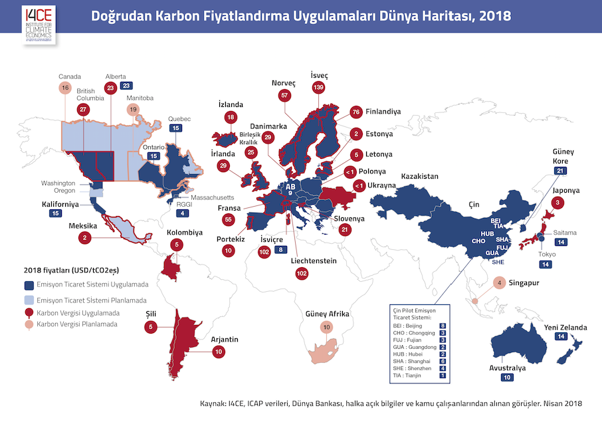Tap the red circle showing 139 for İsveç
pyautogui.click(x=320, y=88)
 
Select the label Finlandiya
pyautogui.click(x=391, y=112)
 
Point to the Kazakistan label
pyautogui.click(x=420, y=176)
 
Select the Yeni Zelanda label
pyautogui.click(x=565, y=328)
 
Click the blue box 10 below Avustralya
pyautogui.click(x=508, y=377)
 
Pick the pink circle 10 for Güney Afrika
pyautogui.click(x=326, y=327)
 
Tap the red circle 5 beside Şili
pyautogui.click(x=152, y=327)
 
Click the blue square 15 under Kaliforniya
pyautogui.click(x=55, y=213)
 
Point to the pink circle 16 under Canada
pyautogui.click(x=64, y=88)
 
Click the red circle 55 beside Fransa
pyautogui.click(x=228, y=219)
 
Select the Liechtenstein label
pyautogui.click(x=314, y=261)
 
